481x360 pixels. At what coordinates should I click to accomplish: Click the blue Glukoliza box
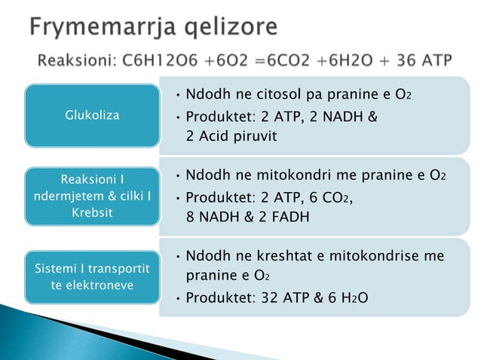click(x=91, y=115)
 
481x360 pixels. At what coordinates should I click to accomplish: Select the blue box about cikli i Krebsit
click(x=91, y=196)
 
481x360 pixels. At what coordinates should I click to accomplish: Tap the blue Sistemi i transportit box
click(x=91, y=276)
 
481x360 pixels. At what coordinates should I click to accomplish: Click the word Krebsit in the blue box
click(x=91, y=212)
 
